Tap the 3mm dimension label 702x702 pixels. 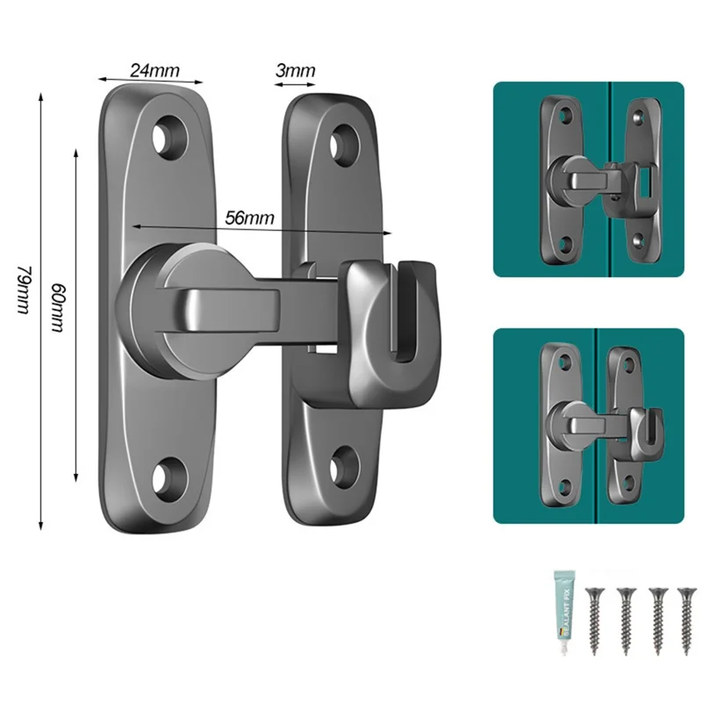(294, 69)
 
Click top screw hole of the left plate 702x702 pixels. (165, 137)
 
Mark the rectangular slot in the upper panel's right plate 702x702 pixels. (645, 183)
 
